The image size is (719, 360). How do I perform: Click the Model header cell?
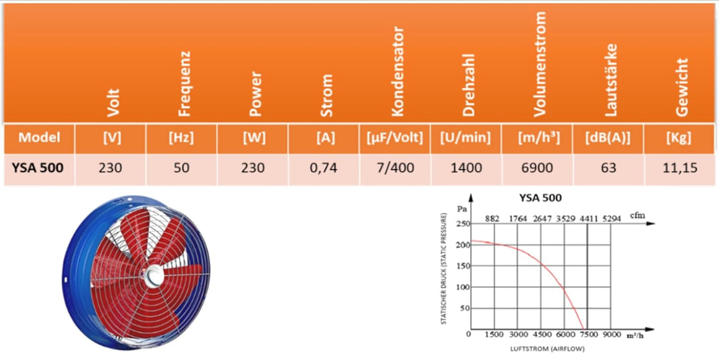coord(39,138)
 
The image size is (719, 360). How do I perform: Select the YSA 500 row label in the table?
coord(38,168)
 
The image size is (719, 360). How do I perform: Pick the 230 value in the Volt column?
coord(111,168)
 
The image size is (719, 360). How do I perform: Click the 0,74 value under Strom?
coord(324,168)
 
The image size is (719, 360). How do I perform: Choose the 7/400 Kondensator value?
coord(395,168)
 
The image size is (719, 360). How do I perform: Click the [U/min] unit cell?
coord(465,138)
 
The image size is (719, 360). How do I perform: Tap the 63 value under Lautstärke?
coord(608,168)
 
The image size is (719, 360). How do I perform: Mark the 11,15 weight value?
coord(680,168)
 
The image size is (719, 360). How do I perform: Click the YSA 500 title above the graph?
coord(540,198)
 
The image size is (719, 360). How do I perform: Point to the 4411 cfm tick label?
coord(589,218)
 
